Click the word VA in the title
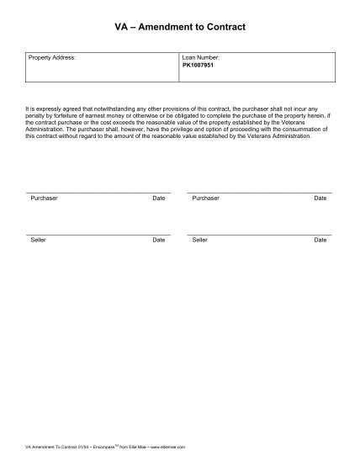[x=121, y=27]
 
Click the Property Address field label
[x=52, y=57]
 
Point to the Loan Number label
[x=200, y=57]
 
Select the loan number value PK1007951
[x=199, y=64]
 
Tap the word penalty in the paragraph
[x=36, y=115]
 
